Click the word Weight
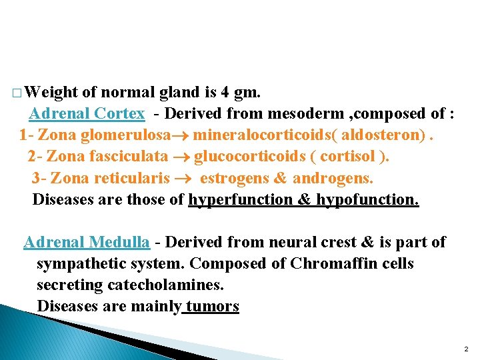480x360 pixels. (51, 92)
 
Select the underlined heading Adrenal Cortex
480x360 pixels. (87, 113)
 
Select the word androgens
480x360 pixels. (333, 178)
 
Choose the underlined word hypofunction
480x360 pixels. (367, 199)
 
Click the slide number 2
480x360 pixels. (465, 349)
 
